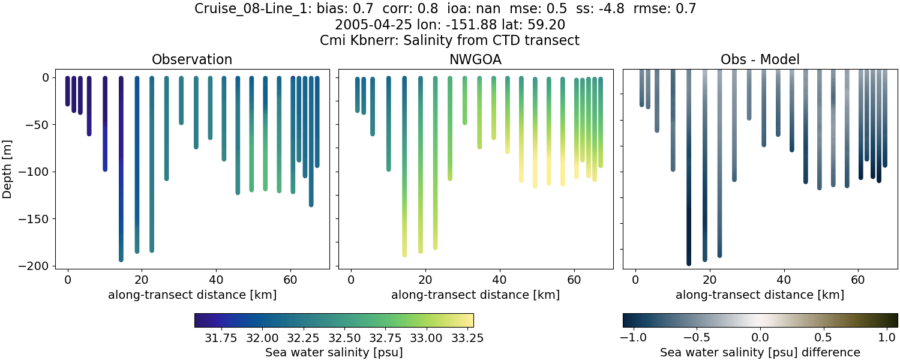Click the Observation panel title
coord(192,59)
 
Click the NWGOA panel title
coord(476,59)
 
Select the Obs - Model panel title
coord(760,59)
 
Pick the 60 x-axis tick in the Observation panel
coord(290,280)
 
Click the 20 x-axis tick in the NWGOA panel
coord(425,280)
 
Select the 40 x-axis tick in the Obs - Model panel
coord(784,280)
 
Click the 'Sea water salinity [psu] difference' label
coord(760,352)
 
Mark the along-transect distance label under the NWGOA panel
coord(475,295)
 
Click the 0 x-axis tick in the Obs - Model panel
coord(635,280)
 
